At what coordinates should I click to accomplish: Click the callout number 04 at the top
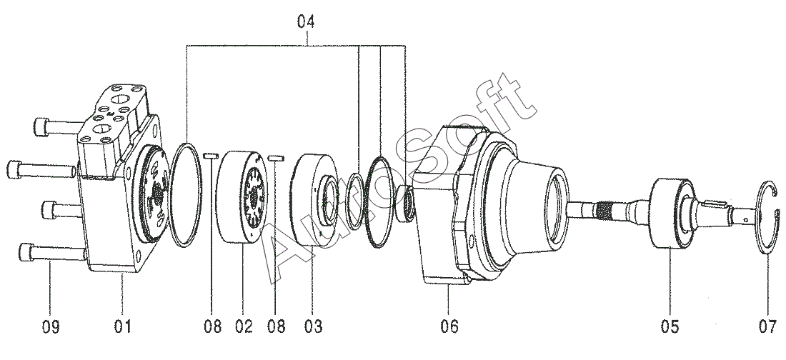coord(305,21)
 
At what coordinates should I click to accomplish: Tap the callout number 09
coord(50,327)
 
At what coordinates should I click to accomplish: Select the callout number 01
coord(123,327)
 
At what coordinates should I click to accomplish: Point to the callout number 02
coord(243,327)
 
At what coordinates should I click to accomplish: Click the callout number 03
coord(313,327)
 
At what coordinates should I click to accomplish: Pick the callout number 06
coord(449,327)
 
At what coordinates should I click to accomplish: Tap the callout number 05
coord(670,327)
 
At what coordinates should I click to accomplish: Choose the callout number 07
coord(767,327)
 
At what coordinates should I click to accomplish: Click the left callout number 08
coord(212,327)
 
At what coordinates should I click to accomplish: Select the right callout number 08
coord(276,327)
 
